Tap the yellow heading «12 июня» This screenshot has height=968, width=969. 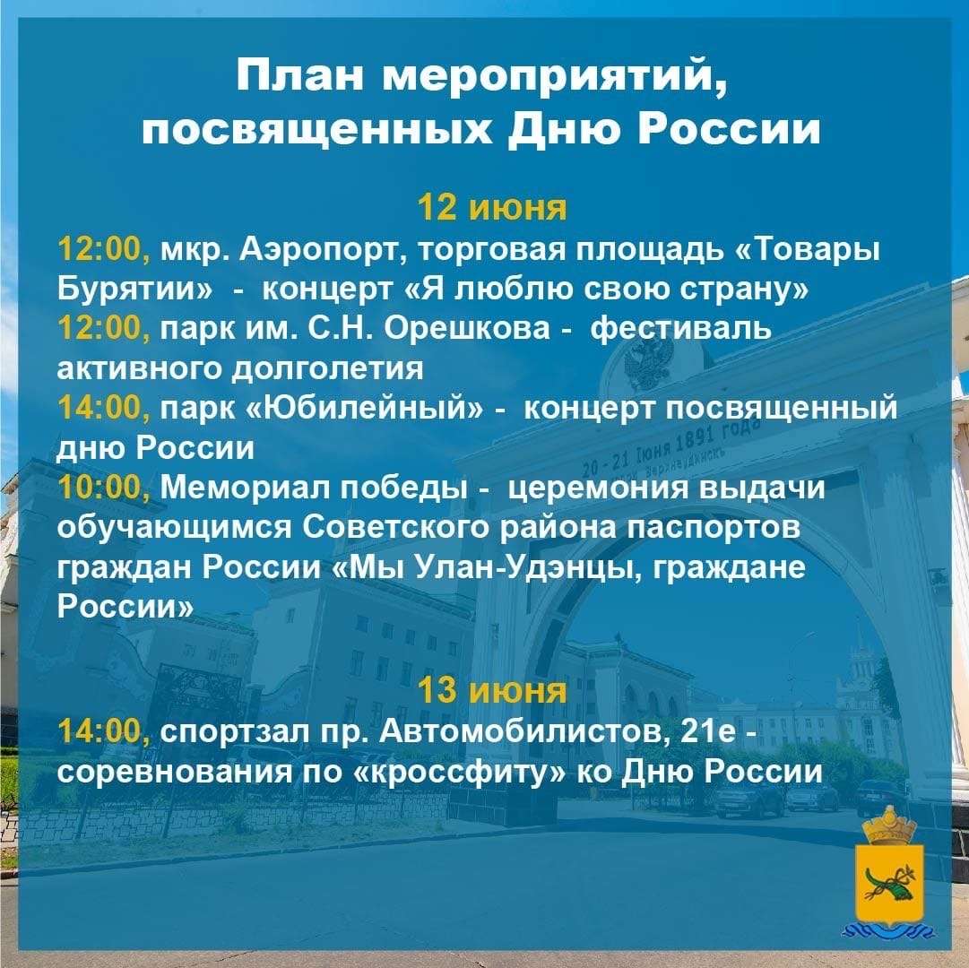[x=492, y=208]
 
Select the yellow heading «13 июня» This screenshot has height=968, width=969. [x=492, y=691]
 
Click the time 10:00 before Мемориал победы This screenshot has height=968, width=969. [x=104, y=488]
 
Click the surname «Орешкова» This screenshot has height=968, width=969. [x=467, y=328]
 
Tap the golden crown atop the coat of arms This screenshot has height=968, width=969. [x=889, y=825]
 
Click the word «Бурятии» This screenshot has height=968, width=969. [x=134, y=290]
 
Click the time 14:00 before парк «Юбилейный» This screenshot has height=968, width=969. [x=104, y=409]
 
